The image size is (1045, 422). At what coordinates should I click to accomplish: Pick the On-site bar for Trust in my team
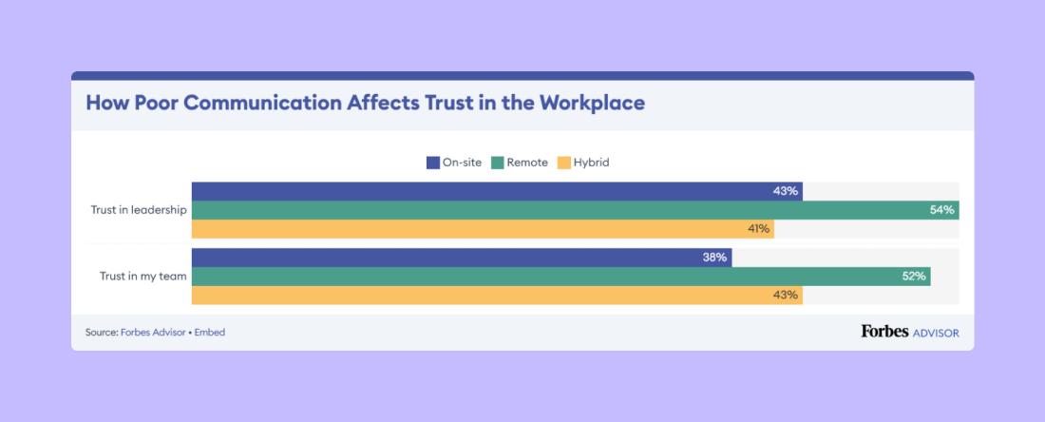coord(462,258)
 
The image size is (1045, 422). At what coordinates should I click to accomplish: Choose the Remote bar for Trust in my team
coord(560,277)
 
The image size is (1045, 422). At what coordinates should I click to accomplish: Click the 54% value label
coord(941,210)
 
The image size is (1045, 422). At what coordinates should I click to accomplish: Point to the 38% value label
coord(715,258)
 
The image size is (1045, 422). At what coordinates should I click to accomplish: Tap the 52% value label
coord(913,277)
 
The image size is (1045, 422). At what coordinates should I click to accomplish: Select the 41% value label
coord(757,229)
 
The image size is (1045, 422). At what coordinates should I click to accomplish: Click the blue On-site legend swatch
coord(433,163)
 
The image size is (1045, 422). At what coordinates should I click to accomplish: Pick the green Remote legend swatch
coord(497,163)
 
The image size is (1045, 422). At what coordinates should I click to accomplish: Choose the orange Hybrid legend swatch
coord(563,163)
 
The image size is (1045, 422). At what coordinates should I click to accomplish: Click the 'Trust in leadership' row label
coord(139,210)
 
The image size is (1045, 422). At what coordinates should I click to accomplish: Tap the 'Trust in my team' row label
coord(142,277)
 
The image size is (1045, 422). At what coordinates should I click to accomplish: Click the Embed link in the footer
coord(210,333)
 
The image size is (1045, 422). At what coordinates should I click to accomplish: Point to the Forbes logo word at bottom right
coord(884,332)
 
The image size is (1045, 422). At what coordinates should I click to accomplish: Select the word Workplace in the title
coord(592,103)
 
